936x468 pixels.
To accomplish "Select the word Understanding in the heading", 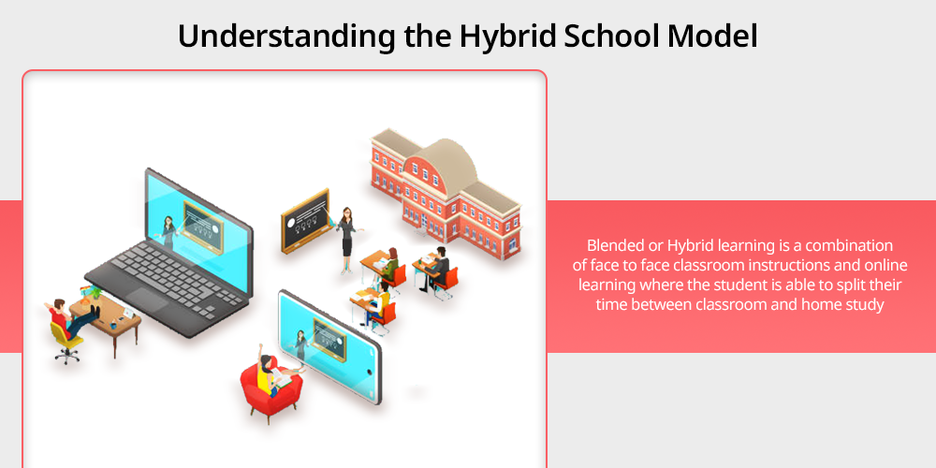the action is click(285, 37).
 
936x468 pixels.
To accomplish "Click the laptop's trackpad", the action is click(147, 300).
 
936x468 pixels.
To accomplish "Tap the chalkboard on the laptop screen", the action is click(202, 227).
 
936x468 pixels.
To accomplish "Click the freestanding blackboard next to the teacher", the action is click(305, 220).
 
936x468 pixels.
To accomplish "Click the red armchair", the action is click(270, 390).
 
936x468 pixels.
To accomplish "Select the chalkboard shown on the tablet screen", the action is click(329, 340).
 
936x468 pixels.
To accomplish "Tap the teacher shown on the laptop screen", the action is click(168, 231).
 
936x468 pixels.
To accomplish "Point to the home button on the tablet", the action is click(369, 372).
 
